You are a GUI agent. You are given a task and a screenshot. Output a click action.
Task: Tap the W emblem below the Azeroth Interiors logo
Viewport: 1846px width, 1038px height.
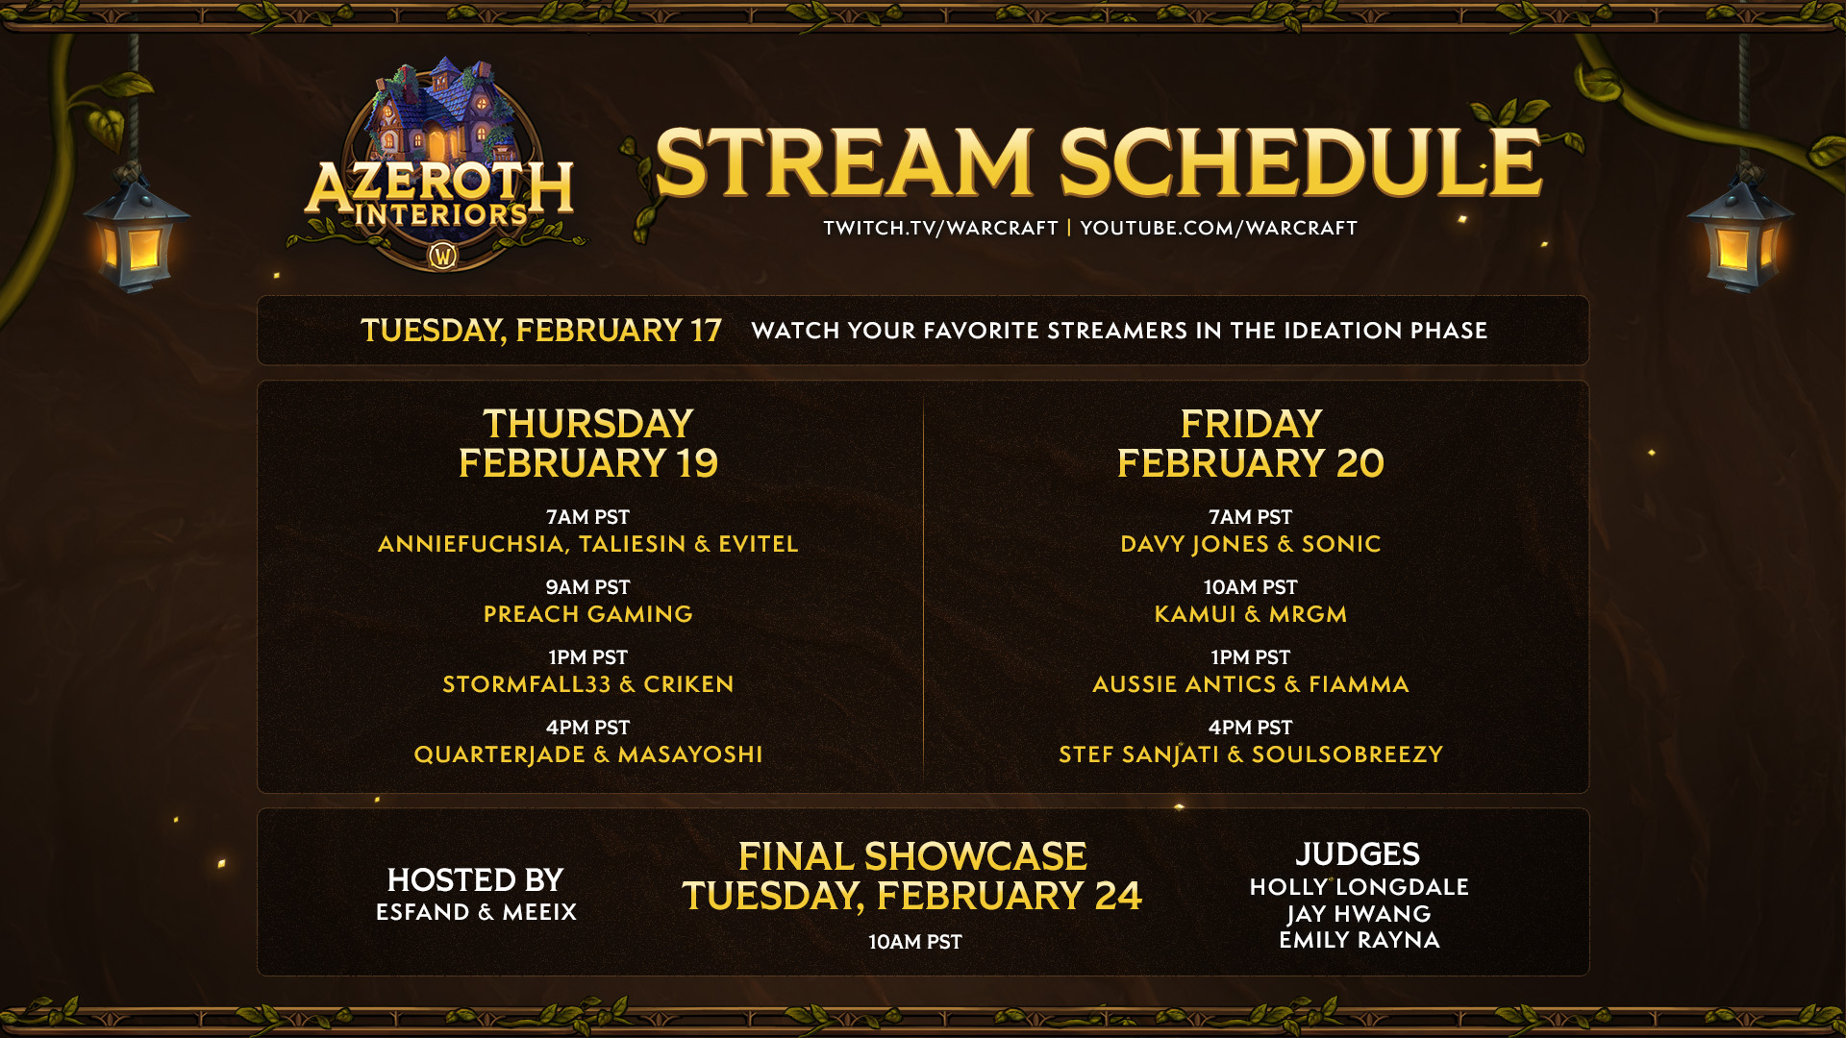pos(443,256)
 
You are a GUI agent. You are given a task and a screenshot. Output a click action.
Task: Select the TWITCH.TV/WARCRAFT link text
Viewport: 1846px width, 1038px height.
pos(940,228)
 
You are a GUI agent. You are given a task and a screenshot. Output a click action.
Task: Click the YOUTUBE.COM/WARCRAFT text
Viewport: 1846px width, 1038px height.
pos(1218,228)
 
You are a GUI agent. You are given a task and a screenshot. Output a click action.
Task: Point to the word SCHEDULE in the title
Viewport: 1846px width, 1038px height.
pos(1300,162)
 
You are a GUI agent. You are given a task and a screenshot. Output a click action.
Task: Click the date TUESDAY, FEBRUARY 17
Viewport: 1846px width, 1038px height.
pos(540,331)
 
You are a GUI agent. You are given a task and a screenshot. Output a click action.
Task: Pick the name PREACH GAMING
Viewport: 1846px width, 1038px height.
pos(587,614)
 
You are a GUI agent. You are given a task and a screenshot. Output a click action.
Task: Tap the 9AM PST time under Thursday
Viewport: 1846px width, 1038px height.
pos(587,587)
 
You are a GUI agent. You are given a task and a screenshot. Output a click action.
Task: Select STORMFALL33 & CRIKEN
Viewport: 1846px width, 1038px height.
pos(587,684)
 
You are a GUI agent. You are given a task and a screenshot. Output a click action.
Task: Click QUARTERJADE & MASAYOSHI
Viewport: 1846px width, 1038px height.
pos(587,754)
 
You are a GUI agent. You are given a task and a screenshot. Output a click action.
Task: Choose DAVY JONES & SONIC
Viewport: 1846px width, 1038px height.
pos(1250,544)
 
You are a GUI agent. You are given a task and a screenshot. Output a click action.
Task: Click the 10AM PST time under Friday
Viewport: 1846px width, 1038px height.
pos(1250,587)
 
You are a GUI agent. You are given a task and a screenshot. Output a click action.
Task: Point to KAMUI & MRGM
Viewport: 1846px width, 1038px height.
pos(1250,614)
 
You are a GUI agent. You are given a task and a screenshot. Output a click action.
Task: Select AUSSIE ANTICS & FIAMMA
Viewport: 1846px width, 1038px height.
pos(1250,684)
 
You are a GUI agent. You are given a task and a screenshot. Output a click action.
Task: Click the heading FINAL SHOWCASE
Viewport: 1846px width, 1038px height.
pos(912,856)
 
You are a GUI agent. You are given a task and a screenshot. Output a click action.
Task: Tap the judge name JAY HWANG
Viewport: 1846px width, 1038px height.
pos(1359,914)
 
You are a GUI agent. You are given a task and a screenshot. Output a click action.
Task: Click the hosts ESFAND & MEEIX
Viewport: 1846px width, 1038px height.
pos(476,912)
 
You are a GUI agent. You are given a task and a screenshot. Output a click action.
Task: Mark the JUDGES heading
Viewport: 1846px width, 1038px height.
pos(1358,854)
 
